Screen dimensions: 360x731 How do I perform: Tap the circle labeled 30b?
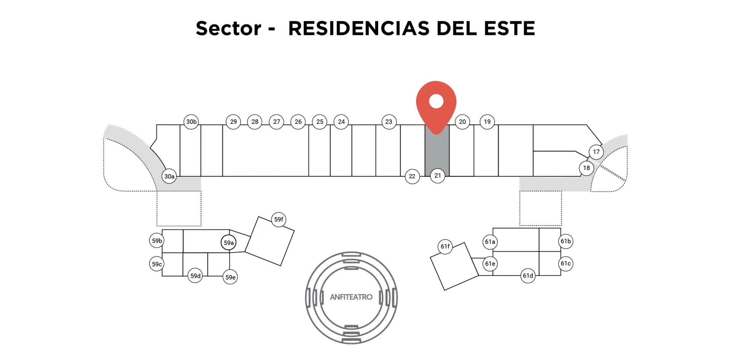pyautogui.click(x=191, y=122)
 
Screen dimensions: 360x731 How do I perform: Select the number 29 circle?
pyautogui.click(x=233, y=122)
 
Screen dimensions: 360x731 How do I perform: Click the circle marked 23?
pyautogui.click(x=389, y=122)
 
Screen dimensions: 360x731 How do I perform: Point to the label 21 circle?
pyautogui.click(x=437, y=176)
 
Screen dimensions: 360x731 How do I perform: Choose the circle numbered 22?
pyautogui.click(x=412, y=176)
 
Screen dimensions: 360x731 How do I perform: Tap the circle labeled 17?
pyautogui.click(x=596, y=152)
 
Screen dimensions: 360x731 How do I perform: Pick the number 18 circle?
pyautogui.click(x=586, y=168)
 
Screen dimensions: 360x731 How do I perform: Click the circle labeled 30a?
pyautogui.click(x=169, y=176)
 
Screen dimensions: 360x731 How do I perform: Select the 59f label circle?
pyautogui.click(x=279, y=219)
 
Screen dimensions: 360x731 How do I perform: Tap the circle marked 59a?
pyautogui.click(x=228, y=243)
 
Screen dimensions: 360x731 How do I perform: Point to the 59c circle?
pyautogui.click(x=157, y=264)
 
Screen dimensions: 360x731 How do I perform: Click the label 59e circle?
pyautogui.click(x=230, y=277)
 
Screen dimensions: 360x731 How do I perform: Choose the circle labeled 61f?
pyautogui.click(x=445, y=246)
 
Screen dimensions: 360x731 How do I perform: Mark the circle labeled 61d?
pyautogui.click(x=528, y=276)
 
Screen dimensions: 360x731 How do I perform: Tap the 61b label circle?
pyautogui.click(x=566, y=241)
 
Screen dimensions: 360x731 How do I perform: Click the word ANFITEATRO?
pyautogui.click(x=351, y=297)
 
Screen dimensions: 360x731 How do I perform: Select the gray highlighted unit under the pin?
pyautogui.click(x=437, y=152)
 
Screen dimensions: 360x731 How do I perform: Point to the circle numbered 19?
pyautogui.click(x=487, y=122)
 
